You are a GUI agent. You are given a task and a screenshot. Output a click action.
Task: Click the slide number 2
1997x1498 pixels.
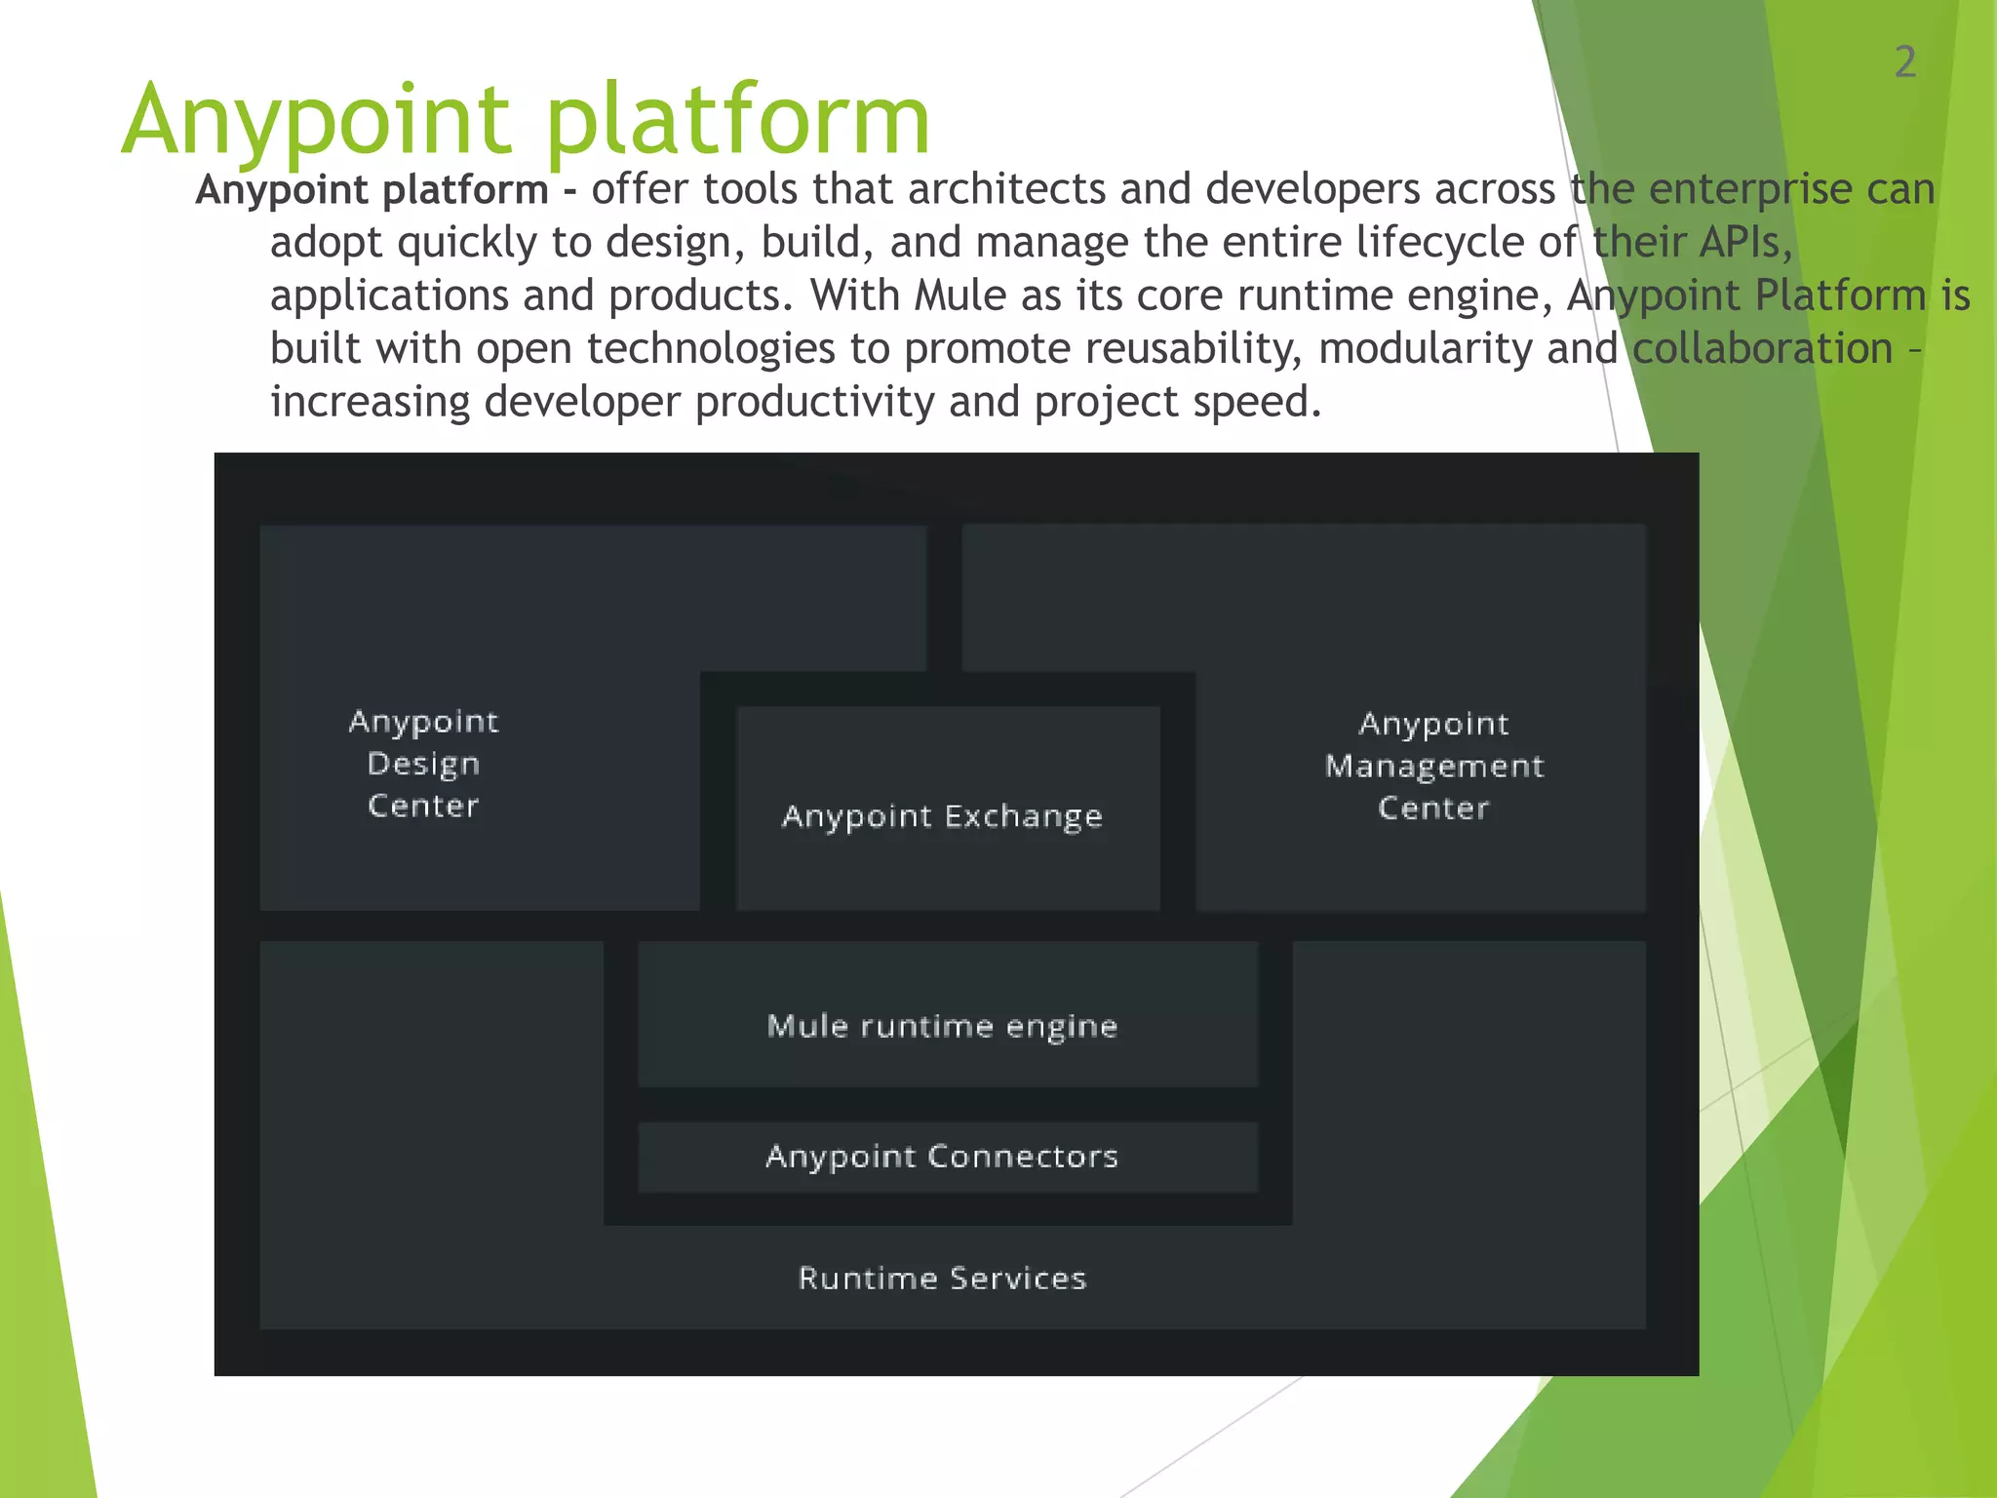click(x=1905, y=62)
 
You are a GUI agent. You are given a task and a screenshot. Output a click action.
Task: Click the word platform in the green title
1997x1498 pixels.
click(x=738, y=120)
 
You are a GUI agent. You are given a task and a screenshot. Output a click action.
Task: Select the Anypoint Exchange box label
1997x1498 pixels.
click(x=942, y=816)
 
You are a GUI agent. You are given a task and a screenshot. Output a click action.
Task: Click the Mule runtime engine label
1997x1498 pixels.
click(x=942, y=1026)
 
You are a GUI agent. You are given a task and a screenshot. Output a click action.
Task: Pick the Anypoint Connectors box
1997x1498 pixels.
click(x=942, y=1157)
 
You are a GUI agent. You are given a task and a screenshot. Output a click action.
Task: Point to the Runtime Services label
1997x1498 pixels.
click(x=942, y=1278)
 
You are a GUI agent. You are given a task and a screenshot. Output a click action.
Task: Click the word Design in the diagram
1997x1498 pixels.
click(x=423, y=764)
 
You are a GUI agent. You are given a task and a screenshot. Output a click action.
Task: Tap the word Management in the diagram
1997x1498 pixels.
click(x=1433, y=766)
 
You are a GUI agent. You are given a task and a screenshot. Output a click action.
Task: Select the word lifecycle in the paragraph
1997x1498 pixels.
click(x=1440, y=242)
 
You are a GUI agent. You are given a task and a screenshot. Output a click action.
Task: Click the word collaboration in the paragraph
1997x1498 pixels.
click(x=1762, y=348)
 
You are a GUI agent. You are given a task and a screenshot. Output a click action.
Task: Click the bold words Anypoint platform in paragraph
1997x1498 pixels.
click(x=372, y=189)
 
